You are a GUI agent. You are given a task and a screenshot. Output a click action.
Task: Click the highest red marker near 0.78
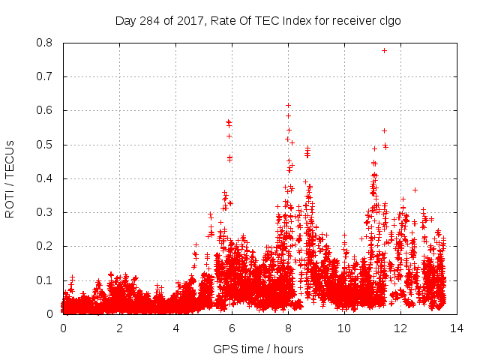384,50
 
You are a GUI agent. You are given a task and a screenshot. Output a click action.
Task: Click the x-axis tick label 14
457,328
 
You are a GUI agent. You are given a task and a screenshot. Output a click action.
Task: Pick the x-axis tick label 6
232,328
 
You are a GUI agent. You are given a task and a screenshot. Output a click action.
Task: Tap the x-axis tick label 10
344,328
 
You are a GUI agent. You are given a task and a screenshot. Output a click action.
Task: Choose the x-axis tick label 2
119,328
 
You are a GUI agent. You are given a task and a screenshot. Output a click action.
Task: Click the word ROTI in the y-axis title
10,204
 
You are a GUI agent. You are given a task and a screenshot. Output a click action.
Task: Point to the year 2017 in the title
190,21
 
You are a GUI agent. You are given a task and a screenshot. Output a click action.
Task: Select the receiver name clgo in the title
390,21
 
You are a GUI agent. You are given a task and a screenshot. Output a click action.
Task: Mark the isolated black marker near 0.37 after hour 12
415,190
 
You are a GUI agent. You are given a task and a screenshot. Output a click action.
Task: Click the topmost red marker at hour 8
288,105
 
